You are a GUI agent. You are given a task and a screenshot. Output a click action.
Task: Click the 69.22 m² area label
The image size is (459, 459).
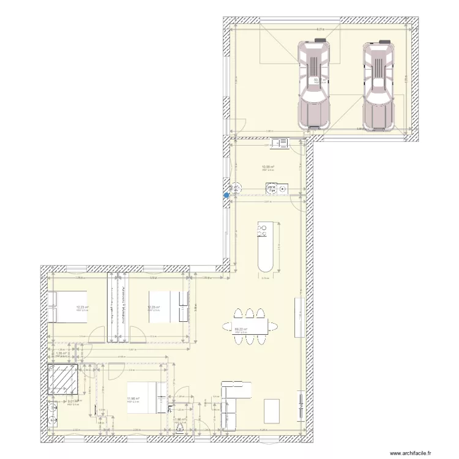pyautogui.click(x=241, y=329)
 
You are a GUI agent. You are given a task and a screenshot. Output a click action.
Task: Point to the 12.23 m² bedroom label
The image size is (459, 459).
pyautogui.click(x=81, y=308)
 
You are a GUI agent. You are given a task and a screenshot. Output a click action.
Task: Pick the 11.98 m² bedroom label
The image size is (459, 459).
pyautogui.click(x=133, y=399)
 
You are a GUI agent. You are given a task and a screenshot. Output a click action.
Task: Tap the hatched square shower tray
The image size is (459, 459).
pyautogui.click(x=63, y=381)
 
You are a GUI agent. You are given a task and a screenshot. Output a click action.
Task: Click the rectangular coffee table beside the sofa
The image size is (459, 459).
pyautogui.click(x=271, y=411)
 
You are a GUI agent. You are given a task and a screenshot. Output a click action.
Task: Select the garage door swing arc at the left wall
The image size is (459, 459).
pyautogui.click(x=239, y=126)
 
